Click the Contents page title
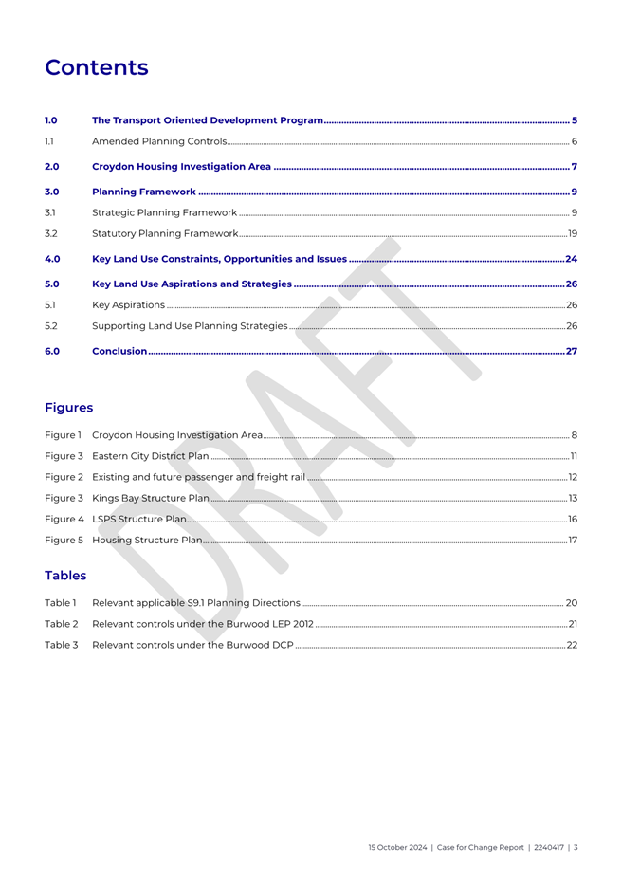click(x=97, y=68)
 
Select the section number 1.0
click(x=52, y=120)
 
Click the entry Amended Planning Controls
click(x=158, y=142)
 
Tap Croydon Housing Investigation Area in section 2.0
click(x=181, y=167)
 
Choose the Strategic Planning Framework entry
click(x=164, y=211)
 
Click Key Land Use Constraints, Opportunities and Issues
click(x=219, y=259)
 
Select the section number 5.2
click(x=52, y=326)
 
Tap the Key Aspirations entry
click(x=128, y=305)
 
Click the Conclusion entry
click(x=119, y=352)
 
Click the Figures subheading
click(x=69, y=408)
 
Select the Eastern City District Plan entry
click(x=151, y=456)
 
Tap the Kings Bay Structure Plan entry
click(x=151, y=498)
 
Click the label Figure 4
click(x=64, y=519)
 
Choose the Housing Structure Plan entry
click(x=147, y=541)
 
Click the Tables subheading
click(x=65, y=576)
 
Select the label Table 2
click(x=61, y=624)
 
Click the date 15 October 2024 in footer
click(x=399, y=848)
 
